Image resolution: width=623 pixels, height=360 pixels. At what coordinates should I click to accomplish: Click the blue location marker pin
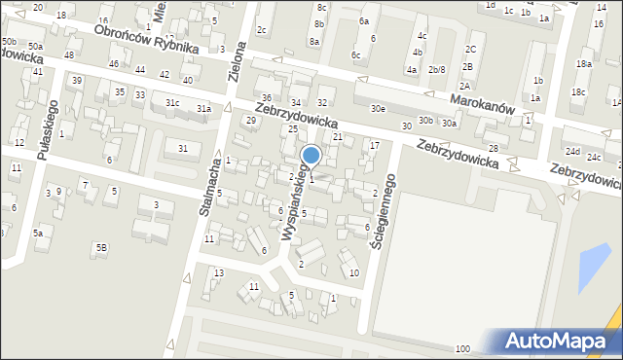tap(311, 156)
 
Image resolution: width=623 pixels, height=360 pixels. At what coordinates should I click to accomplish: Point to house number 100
tap(462, 348)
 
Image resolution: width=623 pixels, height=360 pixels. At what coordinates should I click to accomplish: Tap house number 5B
tap(100, 247)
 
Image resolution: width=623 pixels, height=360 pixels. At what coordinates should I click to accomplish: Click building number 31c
tap(171, 102)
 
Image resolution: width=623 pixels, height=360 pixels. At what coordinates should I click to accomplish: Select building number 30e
tap(377, 109)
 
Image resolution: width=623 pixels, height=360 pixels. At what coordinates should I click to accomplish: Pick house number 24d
tap(572, 152)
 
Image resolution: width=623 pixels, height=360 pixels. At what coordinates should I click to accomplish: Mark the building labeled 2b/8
tap(436, 69)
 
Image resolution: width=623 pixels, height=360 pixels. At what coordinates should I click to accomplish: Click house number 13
tap(219, 272)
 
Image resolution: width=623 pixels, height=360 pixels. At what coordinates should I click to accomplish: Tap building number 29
tap(250, 120)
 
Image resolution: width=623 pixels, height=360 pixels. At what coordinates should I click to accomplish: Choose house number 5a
tap(38, 234)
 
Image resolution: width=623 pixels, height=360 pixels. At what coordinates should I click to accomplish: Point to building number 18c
tap(578, 92)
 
